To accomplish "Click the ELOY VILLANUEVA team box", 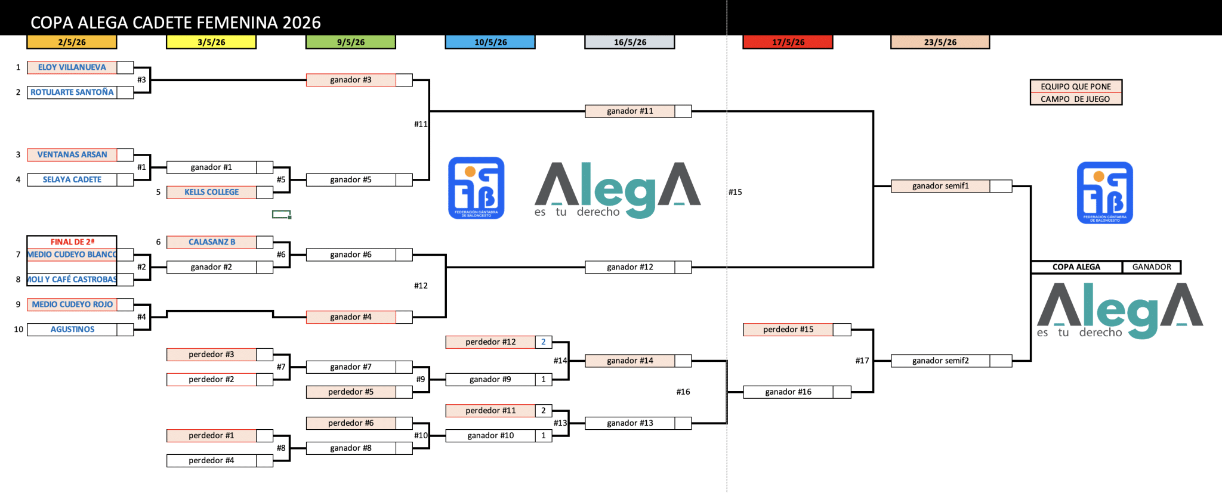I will [72, 67].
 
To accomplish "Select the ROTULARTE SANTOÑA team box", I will [72, 92].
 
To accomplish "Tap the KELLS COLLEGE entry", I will [211, 192].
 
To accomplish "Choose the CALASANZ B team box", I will [211, 242].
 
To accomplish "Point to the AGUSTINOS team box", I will [72, 329].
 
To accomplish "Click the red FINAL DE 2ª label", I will [72, 242].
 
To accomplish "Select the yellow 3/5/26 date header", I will [211, 42].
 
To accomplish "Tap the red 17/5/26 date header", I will [788, 42].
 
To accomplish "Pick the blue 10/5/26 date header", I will [490, 42].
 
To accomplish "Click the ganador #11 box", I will [630, 111].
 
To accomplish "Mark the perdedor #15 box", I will [788, 330].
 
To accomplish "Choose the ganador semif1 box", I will [940, 186].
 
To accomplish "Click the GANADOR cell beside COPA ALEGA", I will [1151, 267].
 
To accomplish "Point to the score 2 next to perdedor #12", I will [544, 342].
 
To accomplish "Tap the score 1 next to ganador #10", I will [544, 436].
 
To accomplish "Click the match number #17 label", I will [862, 361].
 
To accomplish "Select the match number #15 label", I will [735, 192].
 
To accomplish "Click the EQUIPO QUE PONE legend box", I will [1076, 86].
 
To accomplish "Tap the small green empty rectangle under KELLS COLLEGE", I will [281, 214].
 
